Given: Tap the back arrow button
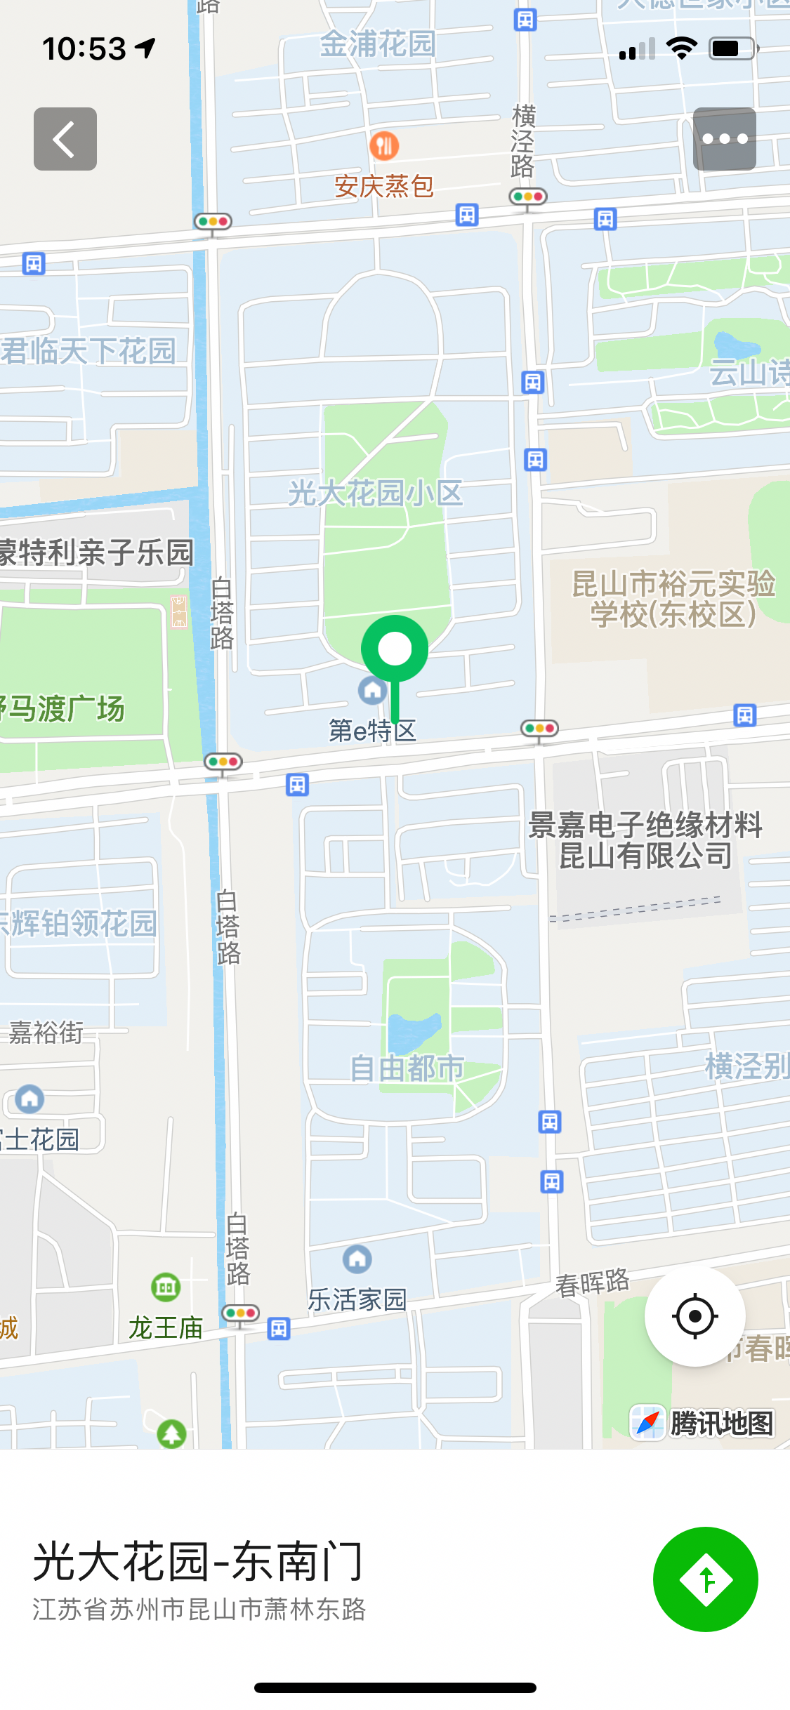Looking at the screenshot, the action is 65,139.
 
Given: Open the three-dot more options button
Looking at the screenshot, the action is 724,139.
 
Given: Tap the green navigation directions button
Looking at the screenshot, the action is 705,1579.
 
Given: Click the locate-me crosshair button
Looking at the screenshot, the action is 694,1316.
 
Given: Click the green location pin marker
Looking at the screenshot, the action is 395,649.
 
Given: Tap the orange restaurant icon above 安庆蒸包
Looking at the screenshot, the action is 383,146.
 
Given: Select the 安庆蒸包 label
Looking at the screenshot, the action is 383,187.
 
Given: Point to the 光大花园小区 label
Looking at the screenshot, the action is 375,493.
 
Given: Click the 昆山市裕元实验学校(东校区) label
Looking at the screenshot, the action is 673,599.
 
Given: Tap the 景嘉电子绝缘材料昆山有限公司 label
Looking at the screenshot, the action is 645,840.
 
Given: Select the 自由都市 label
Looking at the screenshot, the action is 407,1068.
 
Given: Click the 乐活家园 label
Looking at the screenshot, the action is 357,1300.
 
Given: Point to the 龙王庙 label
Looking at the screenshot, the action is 166,1327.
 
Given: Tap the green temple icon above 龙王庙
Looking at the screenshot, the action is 166,1287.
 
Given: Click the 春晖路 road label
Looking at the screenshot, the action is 592,1283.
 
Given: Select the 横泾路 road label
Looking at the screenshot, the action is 523,141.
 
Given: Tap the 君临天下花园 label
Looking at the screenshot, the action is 88,351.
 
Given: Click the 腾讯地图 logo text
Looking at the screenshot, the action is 721,1424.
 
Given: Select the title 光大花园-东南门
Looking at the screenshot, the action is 198,1562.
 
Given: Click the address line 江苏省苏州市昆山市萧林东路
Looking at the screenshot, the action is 199,1609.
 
